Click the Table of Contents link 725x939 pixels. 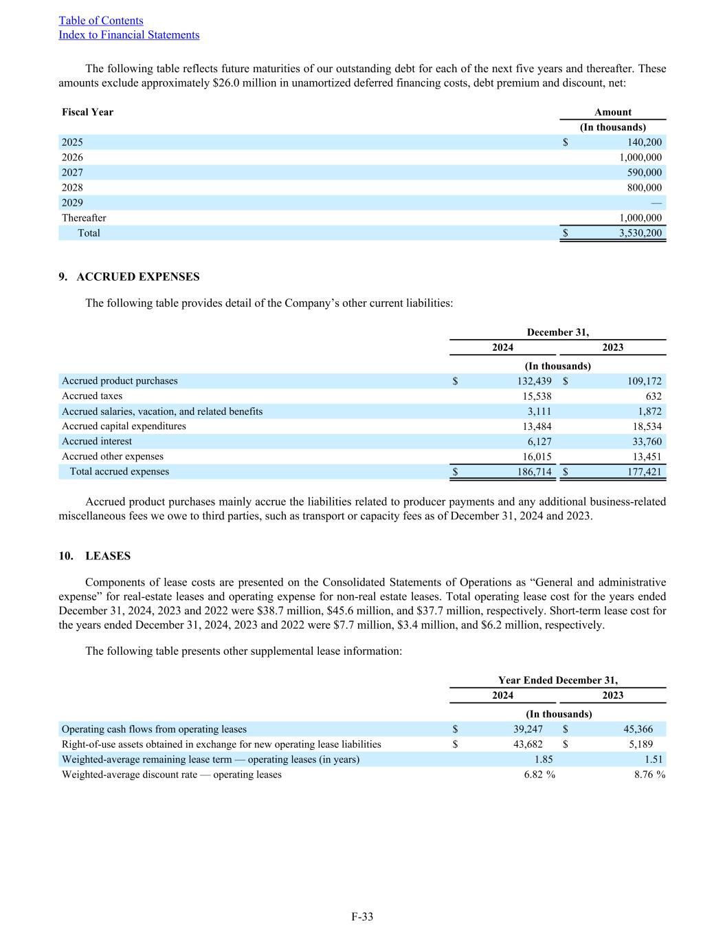click(101, 21)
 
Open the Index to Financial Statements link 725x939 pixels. click(129, 35)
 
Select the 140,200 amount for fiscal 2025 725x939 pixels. click(645, 142)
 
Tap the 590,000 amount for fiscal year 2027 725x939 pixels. click(645, 173)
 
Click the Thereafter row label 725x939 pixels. click(84, 218)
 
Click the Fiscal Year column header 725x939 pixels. click(87, 112)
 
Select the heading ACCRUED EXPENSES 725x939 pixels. click(137, 277)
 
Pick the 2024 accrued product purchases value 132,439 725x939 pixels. click(534, 381)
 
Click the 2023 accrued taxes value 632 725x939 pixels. click(654, 396)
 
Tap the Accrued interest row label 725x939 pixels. click(96, 442)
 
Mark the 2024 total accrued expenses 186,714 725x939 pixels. click(534, 472)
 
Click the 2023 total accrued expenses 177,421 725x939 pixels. click(645, 472)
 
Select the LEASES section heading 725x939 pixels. click(108, 556)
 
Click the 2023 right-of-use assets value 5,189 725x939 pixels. click(640, 744)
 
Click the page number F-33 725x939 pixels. click(362, 916)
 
